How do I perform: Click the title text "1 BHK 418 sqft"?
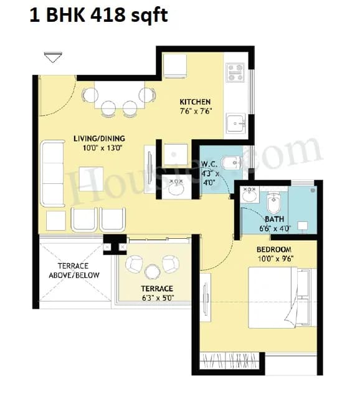pos(98,15)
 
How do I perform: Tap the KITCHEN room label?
pos(195,102)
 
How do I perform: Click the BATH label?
pos(274,219)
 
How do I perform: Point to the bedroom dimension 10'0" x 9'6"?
pos(275,257)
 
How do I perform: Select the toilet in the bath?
pos(275,203)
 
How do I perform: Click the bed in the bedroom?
pos(279,297)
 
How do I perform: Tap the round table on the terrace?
pos(152,271)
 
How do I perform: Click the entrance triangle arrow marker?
pos(52,57)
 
